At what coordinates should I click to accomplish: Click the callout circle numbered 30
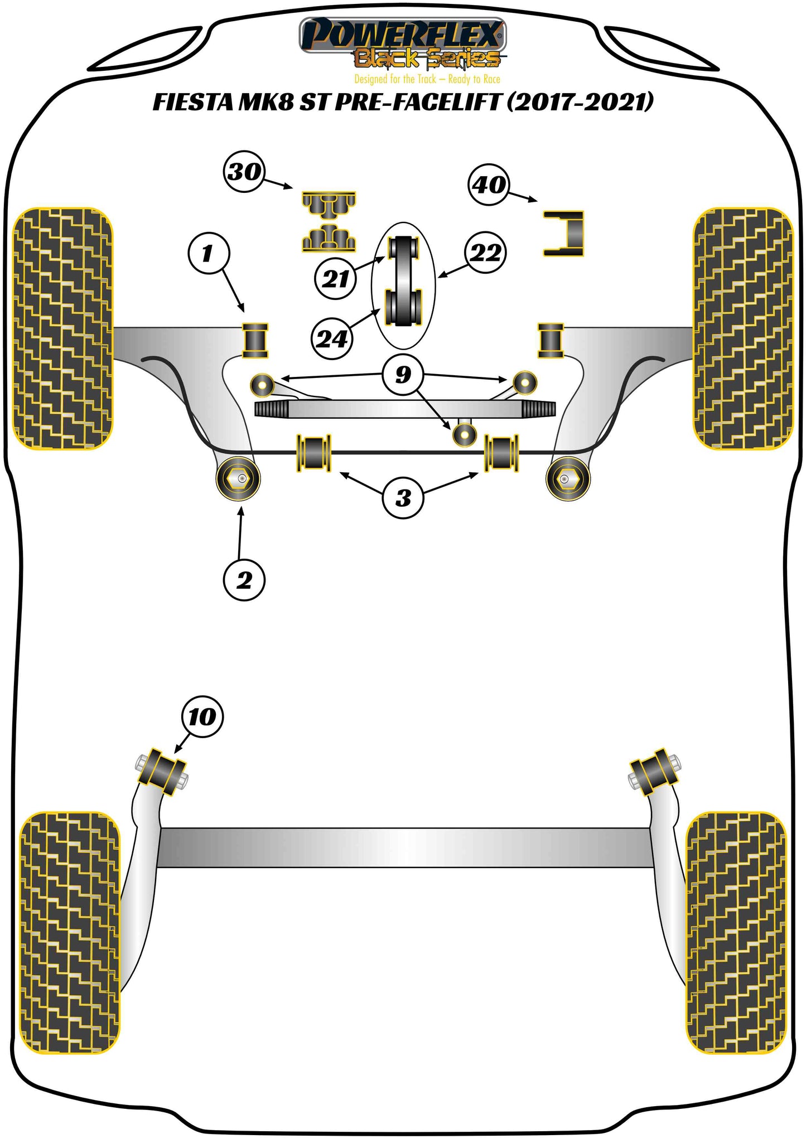(245, 172)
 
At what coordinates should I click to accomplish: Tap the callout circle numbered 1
(208, 254)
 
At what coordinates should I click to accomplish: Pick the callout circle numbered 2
(244, 580)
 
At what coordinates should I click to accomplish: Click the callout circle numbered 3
(403, 498)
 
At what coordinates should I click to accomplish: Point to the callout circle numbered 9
(403, 374)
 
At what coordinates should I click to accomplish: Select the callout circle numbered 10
(202, 717)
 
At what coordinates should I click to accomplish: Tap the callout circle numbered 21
(335, 279)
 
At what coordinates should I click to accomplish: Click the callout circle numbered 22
(486, 253)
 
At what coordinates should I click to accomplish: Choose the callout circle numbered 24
(332, 338)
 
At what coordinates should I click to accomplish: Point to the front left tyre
(62, 329)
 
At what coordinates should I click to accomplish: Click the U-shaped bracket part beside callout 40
(564, 234)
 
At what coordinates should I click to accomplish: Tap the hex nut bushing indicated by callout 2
(238, 478)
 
